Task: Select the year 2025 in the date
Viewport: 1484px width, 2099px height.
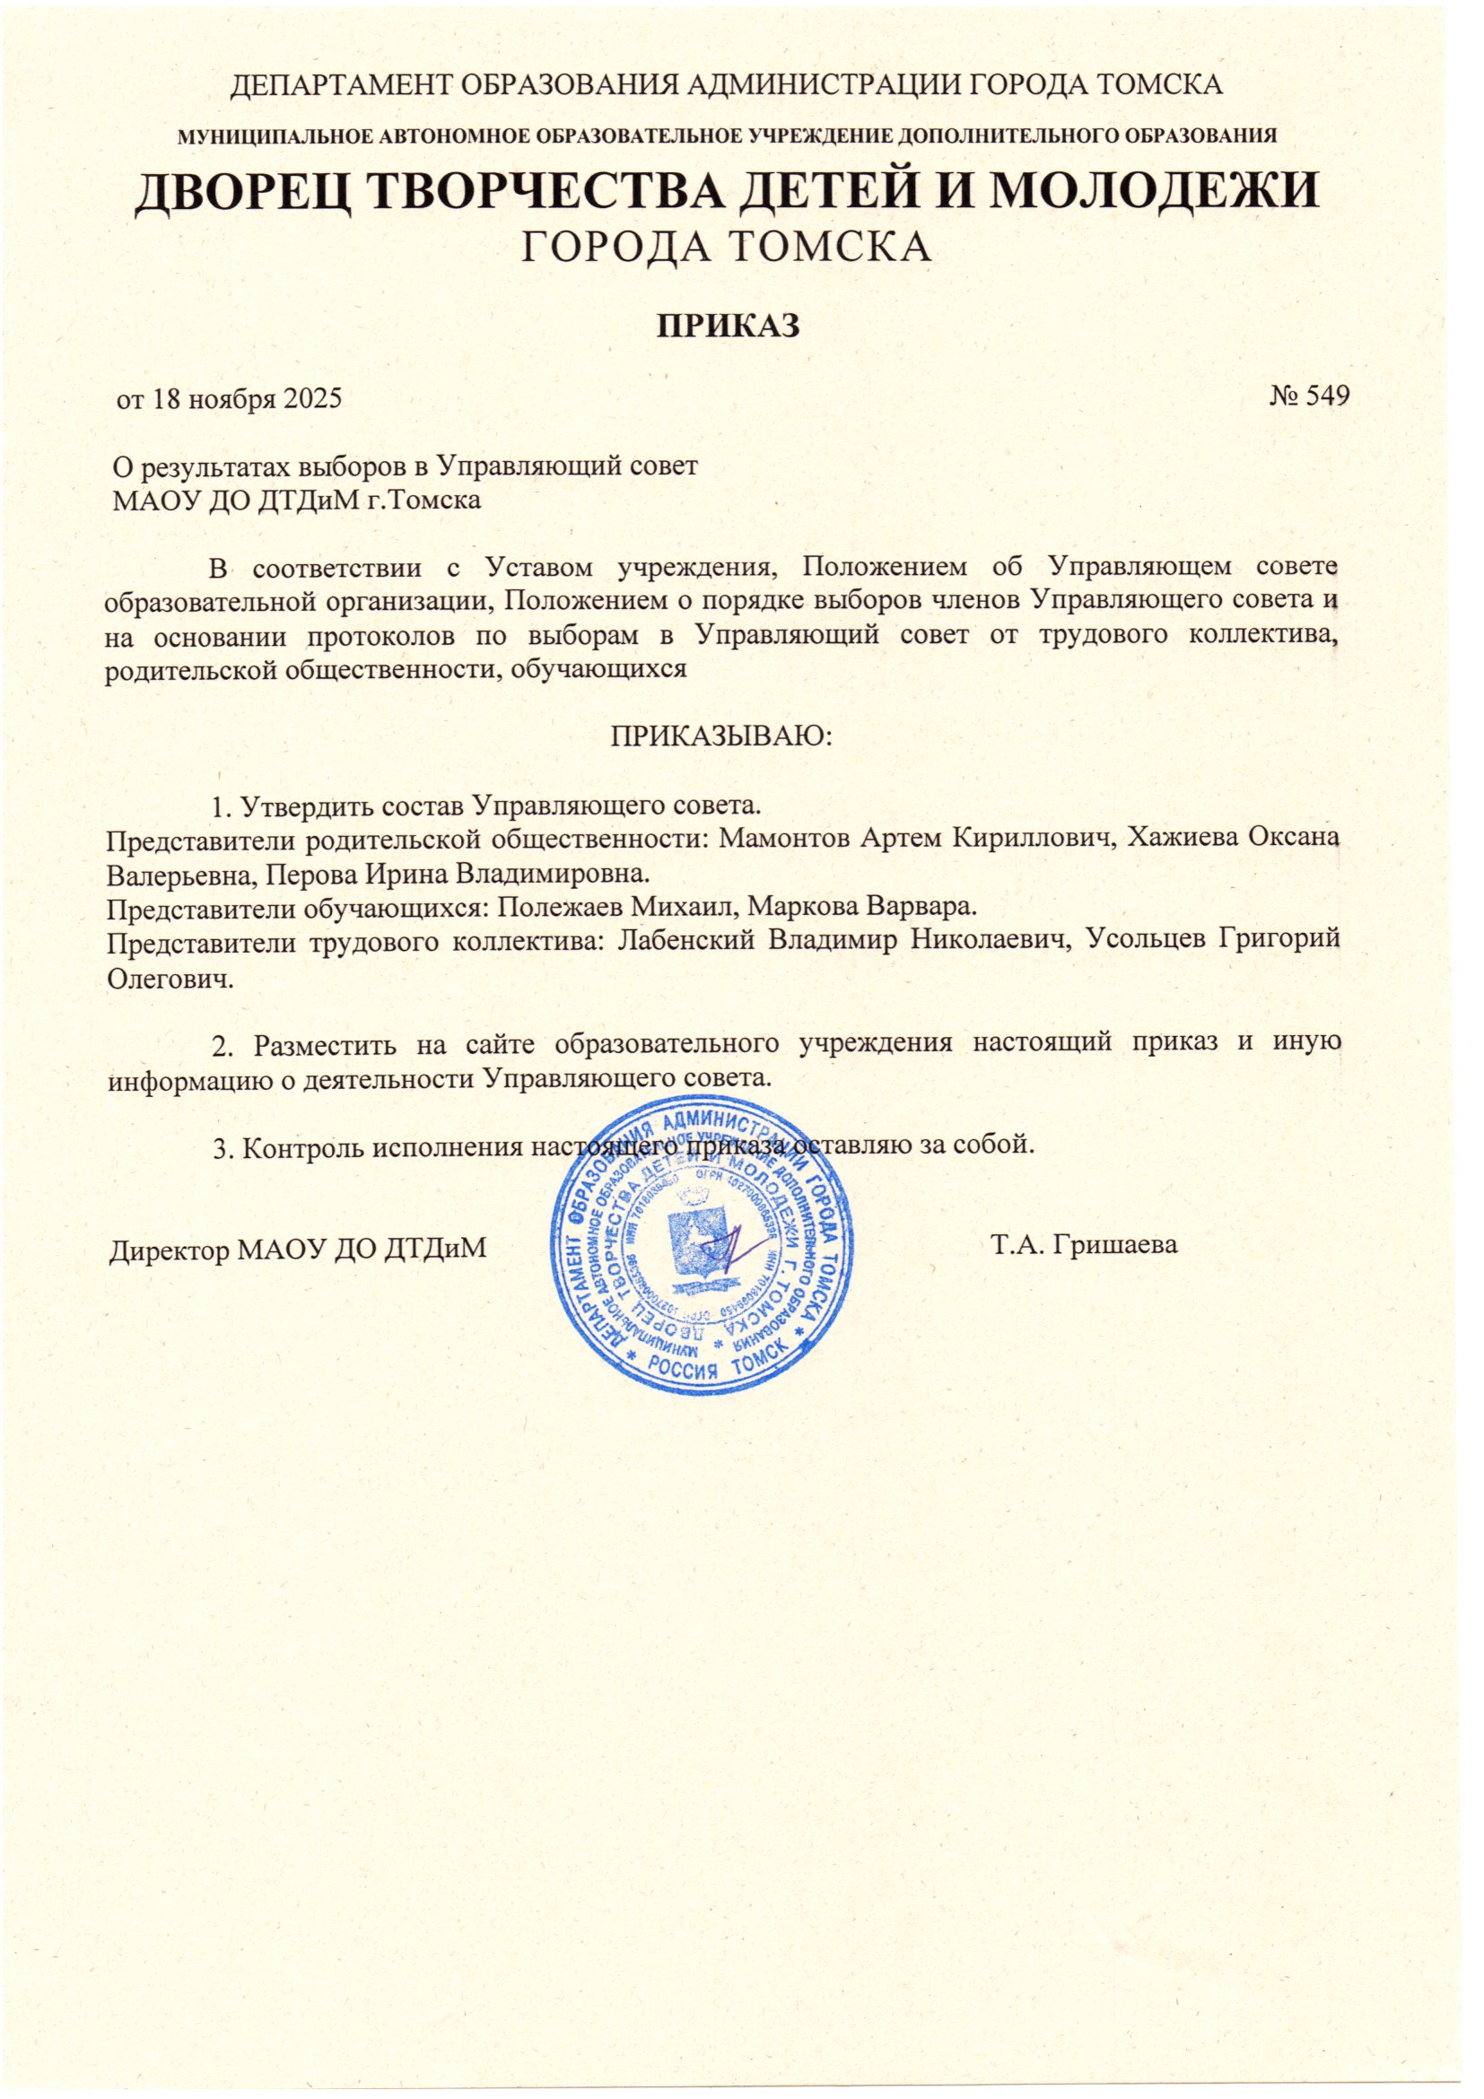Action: coord(310,399)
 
